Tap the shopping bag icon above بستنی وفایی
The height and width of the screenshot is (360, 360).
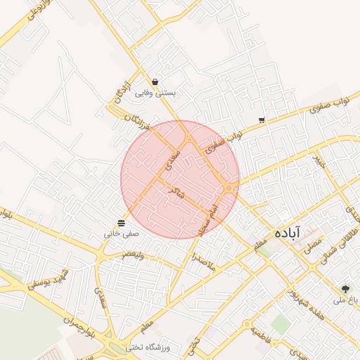pos(155,82)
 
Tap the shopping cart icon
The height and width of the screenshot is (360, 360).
pos(262,120)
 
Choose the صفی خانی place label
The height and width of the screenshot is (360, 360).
pos(122,232)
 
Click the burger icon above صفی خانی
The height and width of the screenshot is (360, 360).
pos(122,222)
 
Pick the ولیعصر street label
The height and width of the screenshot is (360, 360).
pos(132,255)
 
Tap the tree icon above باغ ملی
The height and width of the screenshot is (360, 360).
pos(345,288)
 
